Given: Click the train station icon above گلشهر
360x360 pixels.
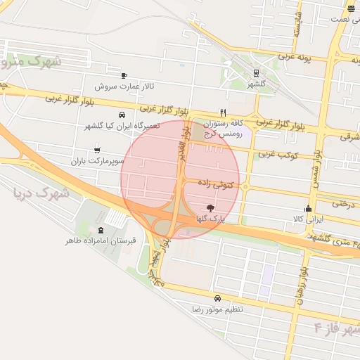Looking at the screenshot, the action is tap(255, 72).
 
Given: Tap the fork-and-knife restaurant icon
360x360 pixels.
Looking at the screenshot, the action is tap(223, 112).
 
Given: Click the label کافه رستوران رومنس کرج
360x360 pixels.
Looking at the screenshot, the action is tap(222, 127).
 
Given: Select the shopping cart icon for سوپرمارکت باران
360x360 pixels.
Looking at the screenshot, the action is tap(96, 150).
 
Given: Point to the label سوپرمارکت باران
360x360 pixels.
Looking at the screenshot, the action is tap(97, 161).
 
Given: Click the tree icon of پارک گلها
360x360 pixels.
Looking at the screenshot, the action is tap(209, 207).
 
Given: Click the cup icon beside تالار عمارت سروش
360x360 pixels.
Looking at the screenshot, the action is tap(124, 75).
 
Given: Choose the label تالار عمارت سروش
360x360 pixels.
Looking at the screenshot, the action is tap(124, 86).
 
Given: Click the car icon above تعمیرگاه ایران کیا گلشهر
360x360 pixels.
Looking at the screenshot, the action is tap(122, 114).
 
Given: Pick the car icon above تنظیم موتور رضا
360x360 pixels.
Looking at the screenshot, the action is tap(217, 298).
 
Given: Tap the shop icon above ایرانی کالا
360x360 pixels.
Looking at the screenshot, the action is tap(308, 208).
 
